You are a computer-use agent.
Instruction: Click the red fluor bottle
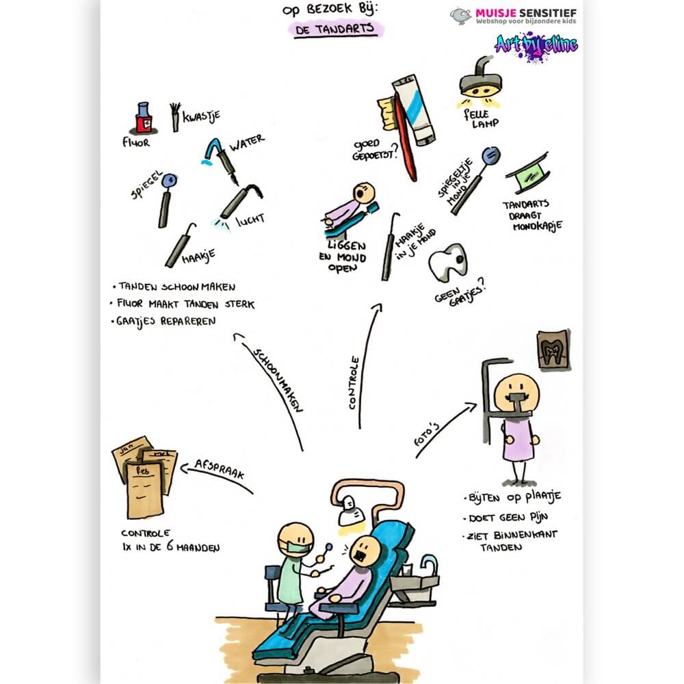click(143, 118)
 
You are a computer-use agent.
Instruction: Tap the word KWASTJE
click(201, 116)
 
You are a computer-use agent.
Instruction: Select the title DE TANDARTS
click(334, 29)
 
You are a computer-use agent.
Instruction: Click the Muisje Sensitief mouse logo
click(460, 15)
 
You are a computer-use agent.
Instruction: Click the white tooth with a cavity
click(447, 261)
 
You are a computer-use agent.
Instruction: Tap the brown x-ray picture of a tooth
click(553, 350)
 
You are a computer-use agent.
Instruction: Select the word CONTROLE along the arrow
click(354, 382)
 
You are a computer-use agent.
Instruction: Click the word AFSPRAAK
click(220, 469)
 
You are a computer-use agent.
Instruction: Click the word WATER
click(247, 142)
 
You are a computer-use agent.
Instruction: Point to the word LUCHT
click(250, 220)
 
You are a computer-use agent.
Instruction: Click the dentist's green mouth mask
click(295, 547)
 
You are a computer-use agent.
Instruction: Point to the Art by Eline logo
click(536, 46)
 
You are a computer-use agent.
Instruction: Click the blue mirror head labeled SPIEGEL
click(169, 180)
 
